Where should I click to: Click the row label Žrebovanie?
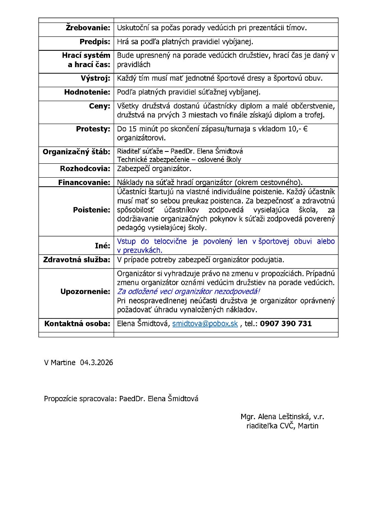[x=88, y=28]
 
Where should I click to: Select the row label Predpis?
[x=95, y=42]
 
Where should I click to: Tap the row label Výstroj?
[x=95, y=78]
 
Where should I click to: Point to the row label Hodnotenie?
[x=87, y=92]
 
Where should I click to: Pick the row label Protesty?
[x=93, y=129]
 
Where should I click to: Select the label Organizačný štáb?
[x=76, y=152]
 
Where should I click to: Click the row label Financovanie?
[x=84, y=182]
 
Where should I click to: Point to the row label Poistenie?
[x=92, y=210]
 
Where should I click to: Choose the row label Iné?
[x=102, y=246]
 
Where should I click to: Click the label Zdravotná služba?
[x=76, y=260]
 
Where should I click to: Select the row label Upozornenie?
[x=85, y=291]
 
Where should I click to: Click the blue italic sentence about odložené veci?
[x=188, y=291]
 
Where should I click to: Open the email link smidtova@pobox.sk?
[x=205, y=323]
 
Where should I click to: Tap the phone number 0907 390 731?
[x=286, y=323]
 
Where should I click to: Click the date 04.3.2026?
[x=96, y=363]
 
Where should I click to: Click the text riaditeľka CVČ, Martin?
[x=282, y=426]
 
